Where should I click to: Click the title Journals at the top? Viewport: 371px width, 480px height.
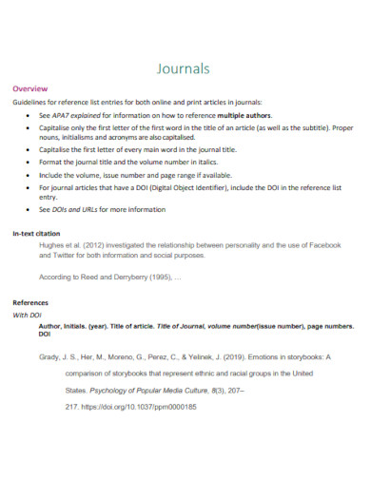(185, 67)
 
